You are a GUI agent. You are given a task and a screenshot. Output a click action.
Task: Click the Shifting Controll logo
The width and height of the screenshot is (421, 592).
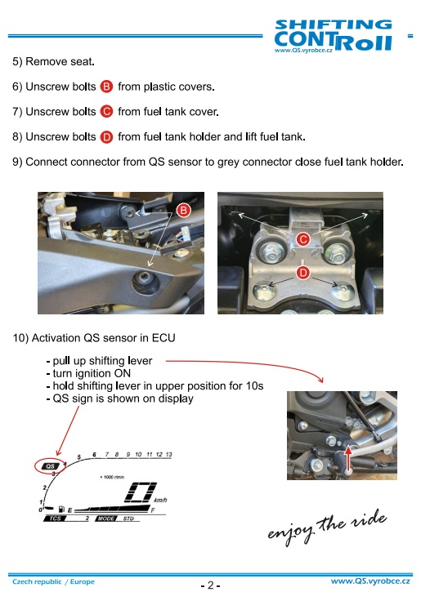tap(333, 35)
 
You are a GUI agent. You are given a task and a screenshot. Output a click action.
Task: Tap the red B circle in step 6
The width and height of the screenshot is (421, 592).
tap(106, 87)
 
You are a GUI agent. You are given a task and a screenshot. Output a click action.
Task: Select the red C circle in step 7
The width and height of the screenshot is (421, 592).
tap(106, 112)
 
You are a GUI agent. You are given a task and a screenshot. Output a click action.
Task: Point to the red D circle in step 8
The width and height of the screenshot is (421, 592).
tap(106, 136)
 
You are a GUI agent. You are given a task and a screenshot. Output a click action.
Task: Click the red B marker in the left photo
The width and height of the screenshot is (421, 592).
tap(184, 210)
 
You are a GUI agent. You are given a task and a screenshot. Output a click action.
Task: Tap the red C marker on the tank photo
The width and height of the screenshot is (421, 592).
tap(303, 239)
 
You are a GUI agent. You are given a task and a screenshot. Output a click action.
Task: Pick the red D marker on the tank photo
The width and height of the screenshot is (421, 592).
tap(303, 273)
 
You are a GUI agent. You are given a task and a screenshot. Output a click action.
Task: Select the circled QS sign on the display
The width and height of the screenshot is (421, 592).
tap(50, 466)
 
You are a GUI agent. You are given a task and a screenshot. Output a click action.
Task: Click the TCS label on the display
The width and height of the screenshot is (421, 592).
tap(55, 519)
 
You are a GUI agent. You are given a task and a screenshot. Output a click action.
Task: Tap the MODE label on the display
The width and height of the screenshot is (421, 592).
tap(106, 519)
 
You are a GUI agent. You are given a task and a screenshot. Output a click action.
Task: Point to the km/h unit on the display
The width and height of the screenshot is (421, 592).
tap(160, 501)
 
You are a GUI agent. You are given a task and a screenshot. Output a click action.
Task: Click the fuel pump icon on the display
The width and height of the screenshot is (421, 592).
tap(61, 510)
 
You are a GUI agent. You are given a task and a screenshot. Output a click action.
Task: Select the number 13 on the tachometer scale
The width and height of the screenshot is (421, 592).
tap(168, 454)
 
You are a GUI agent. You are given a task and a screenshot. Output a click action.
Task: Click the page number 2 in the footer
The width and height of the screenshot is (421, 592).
tap(211, 585)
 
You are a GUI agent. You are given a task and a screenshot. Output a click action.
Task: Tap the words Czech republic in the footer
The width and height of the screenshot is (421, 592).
tap(37, 581)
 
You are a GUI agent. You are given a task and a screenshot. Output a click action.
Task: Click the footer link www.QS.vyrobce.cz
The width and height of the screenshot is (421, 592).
tap(370, 581)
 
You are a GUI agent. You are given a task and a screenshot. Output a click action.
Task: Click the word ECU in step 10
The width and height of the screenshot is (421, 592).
tap(163, 337)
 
